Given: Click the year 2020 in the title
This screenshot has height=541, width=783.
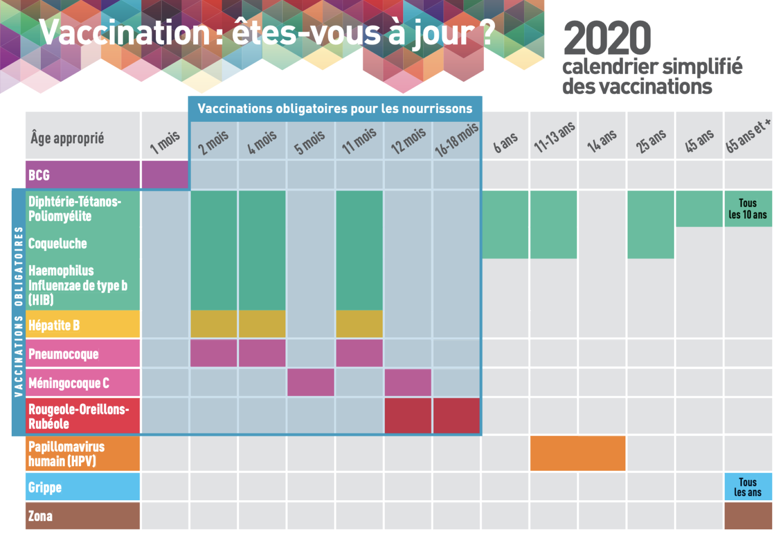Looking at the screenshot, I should point(607,39).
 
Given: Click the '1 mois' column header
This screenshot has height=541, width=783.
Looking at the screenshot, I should point(165,142).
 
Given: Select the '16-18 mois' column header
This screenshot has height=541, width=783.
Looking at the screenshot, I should point(456,140).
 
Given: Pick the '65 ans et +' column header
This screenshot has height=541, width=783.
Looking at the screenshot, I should point(748,137).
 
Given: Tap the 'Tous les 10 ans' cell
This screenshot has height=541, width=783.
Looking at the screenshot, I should point(748,208).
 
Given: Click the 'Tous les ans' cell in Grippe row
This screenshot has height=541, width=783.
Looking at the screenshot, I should point(748,487).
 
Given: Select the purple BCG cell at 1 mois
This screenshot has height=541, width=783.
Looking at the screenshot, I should point(165,175).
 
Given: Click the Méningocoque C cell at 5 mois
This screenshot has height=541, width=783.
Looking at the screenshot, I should point(310,383).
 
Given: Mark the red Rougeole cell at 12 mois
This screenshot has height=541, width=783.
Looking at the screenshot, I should point(408,416).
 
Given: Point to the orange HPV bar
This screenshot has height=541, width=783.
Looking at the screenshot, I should point(578,453).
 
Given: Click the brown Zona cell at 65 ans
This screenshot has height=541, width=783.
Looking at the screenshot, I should point(748,516).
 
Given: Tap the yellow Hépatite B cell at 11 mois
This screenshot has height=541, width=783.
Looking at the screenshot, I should point(359,324).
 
